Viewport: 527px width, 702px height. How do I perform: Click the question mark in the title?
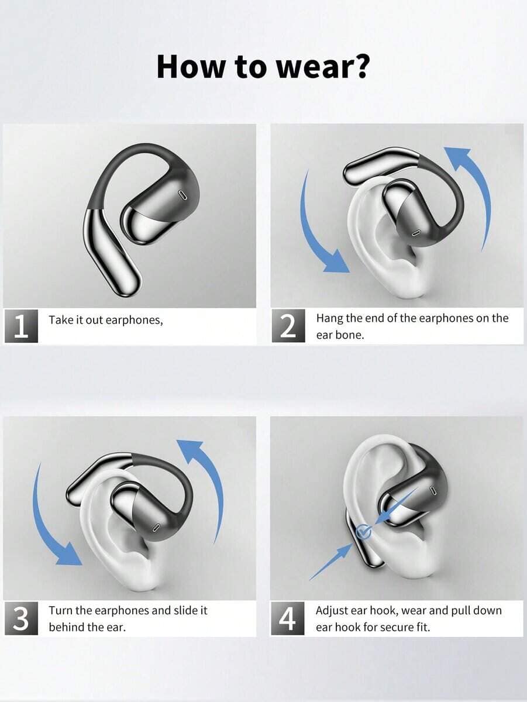(359, 67)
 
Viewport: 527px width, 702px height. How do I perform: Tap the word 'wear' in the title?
(311, 68)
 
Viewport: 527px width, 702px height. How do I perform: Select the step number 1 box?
(21, 326)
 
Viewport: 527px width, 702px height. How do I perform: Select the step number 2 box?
(288, 326)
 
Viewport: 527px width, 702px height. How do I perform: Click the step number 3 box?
(21, 618)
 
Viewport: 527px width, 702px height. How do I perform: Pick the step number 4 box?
(288, 618)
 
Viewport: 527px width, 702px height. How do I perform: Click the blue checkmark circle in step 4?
(364, 532)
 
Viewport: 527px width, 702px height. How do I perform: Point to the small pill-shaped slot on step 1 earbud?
(182, 195)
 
